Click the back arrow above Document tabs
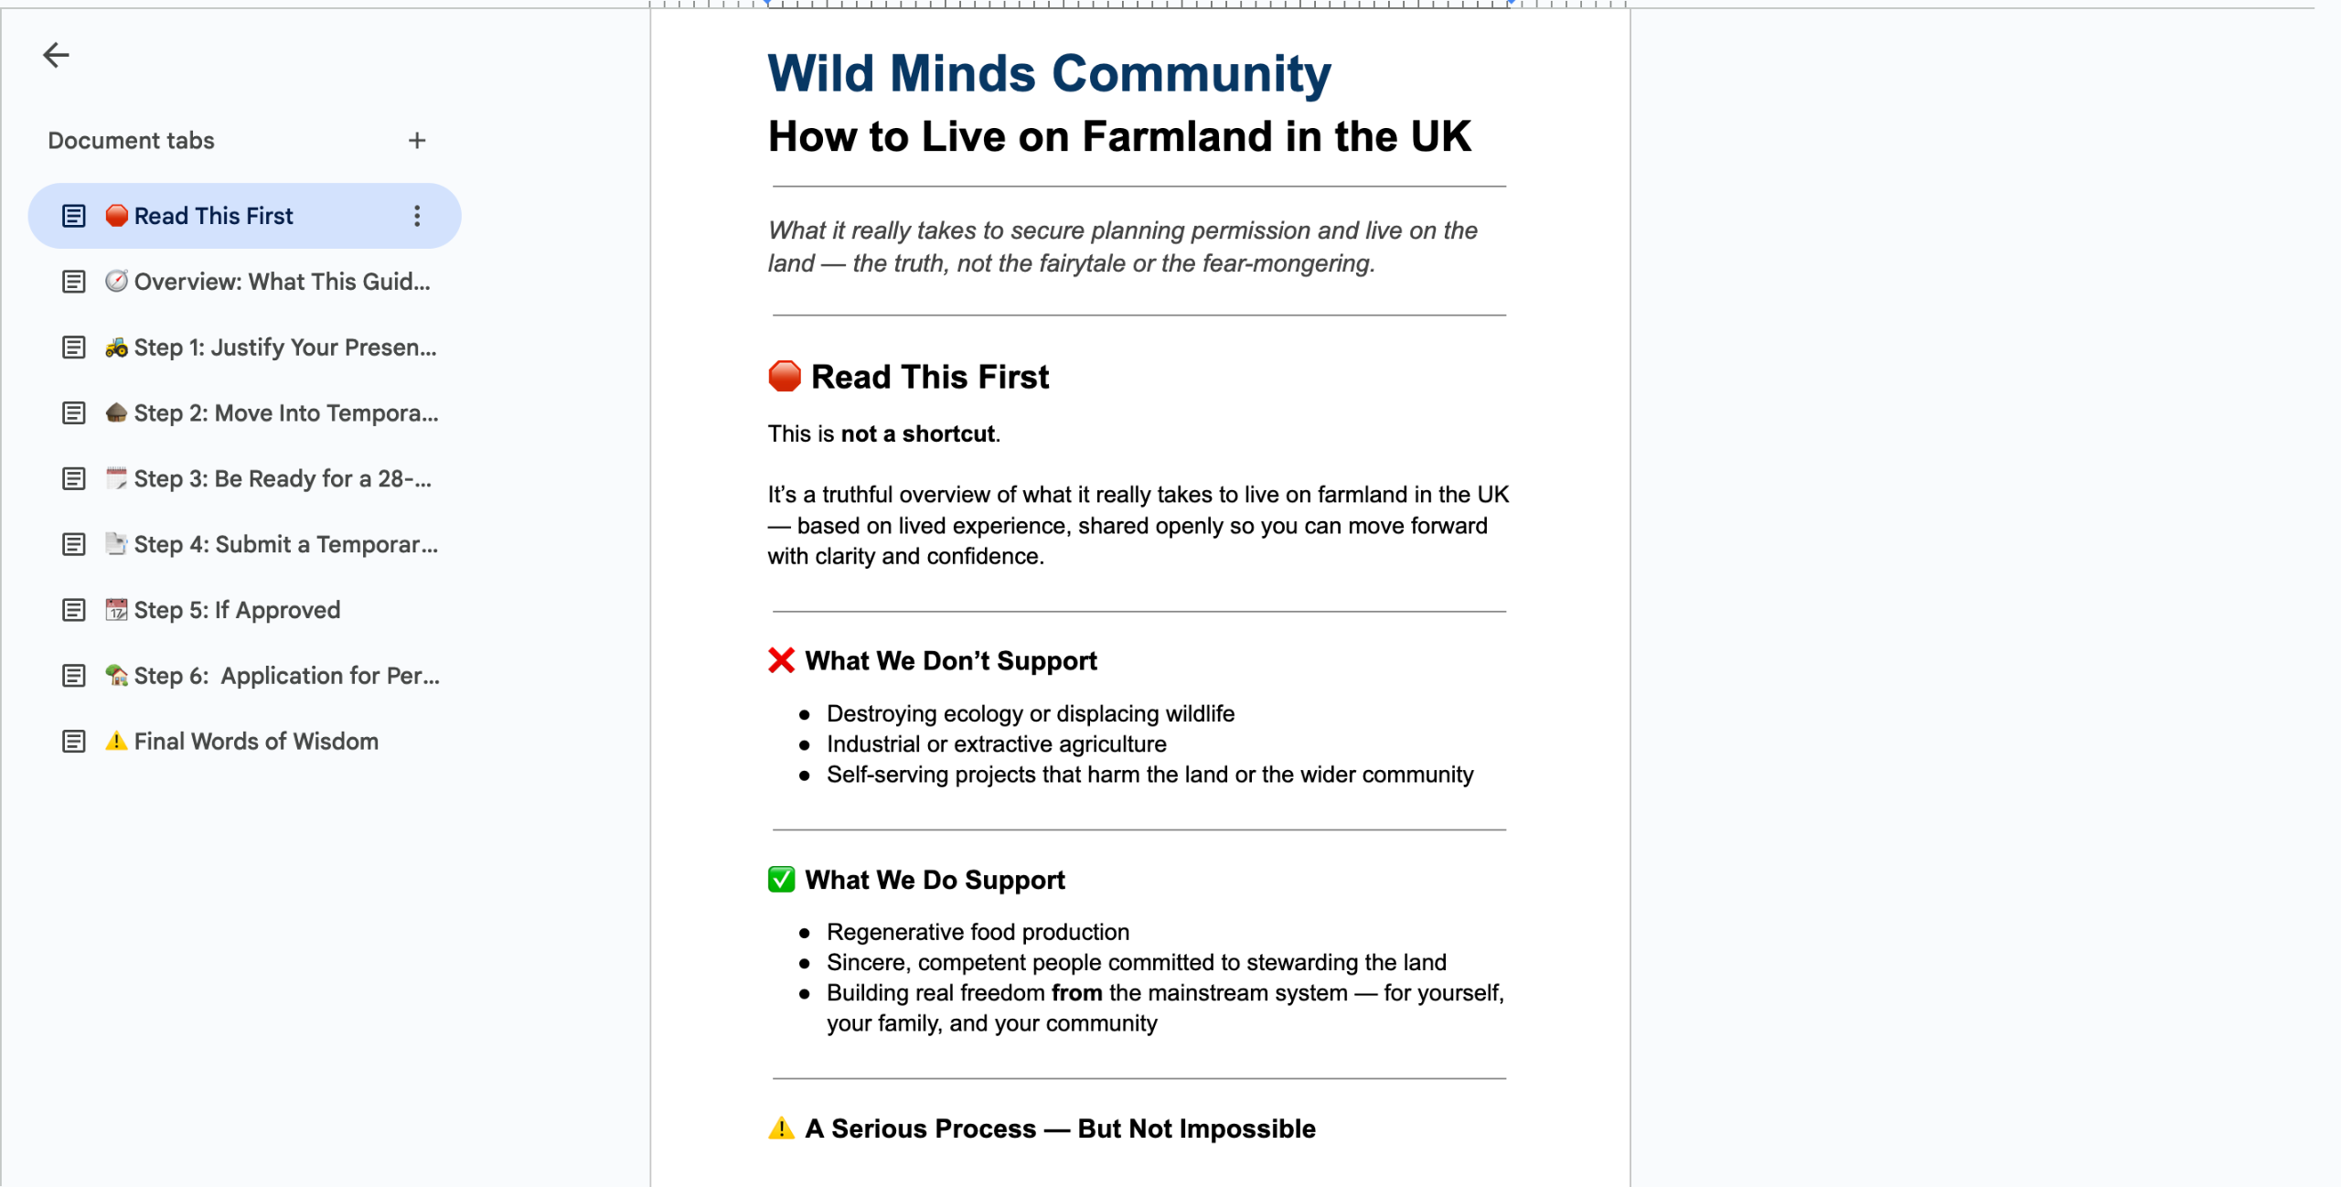click(x=56, y=55)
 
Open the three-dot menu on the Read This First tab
click(x=417, y=216)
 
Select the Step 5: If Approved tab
click(x=236, y=610)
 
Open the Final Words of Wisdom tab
click(x=255, y=742)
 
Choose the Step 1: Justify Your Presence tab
click(x=284, y=348)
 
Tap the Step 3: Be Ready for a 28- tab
click(x=282, y=479)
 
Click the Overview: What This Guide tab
click(x=281, y=282)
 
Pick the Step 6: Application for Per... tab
click(x=286, y=676)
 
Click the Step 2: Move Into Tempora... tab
click(x=285, y=413)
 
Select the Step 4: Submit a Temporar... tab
click(x=285, y=545)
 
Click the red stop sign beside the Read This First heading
click(x=784, y=377)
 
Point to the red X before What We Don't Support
click(x=781, y=660)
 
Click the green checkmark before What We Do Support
click(x=781, y=880)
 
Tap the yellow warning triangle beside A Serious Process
click(x=781, y=1128)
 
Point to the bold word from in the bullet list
click(x=1076, y=993)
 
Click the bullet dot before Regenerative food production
click(x=805, y=933)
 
